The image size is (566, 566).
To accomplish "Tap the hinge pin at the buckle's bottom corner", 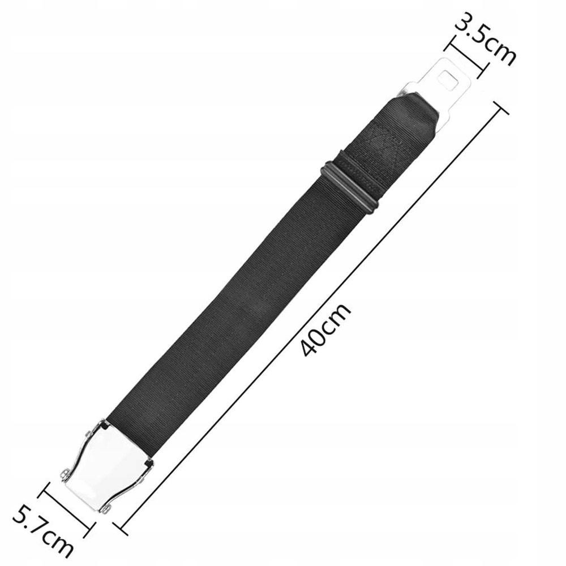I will (104, 509).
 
